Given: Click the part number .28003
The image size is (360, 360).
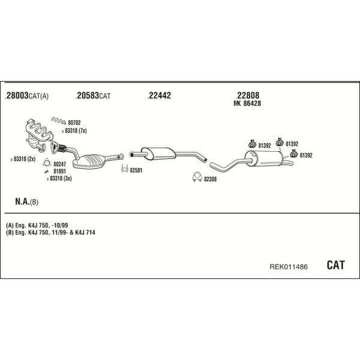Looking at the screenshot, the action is point(17,95).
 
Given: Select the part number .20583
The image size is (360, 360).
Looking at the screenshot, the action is point(87,95).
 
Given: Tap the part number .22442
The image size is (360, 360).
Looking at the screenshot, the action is point(159,95).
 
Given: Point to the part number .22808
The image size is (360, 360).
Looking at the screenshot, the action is point(247,95).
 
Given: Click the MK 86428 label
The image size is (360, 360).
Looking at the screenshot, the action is point(247,103).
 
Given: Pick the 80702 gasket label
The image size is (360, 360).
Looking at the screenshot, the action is point(74,122).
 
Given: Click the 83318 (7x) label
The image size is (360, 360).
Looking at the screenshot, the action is point(76,131).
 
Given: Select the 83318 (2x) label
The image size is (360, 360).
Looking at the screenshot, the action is point(25,159).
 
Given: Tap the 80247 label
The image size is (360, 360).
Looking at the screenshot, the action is point(59,164).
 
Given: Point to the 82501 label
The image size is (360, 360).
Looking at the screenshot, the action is point(136,170).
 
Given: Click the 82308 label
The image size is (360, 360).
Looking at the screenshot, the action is point(211,179).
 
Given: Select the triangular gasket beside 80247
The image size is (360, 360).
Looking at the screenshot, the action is point(47,163).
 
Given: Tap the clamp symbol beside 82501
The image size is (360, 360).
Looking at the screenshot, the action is point(124,169).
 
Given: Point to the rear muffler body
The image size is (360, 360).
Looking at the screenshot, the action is point(264,158).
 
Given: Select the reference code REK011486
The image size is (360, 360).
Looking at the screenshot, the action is point(289,266).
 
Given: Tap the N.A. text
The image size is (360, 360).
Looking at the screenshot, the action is point(23,202).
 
